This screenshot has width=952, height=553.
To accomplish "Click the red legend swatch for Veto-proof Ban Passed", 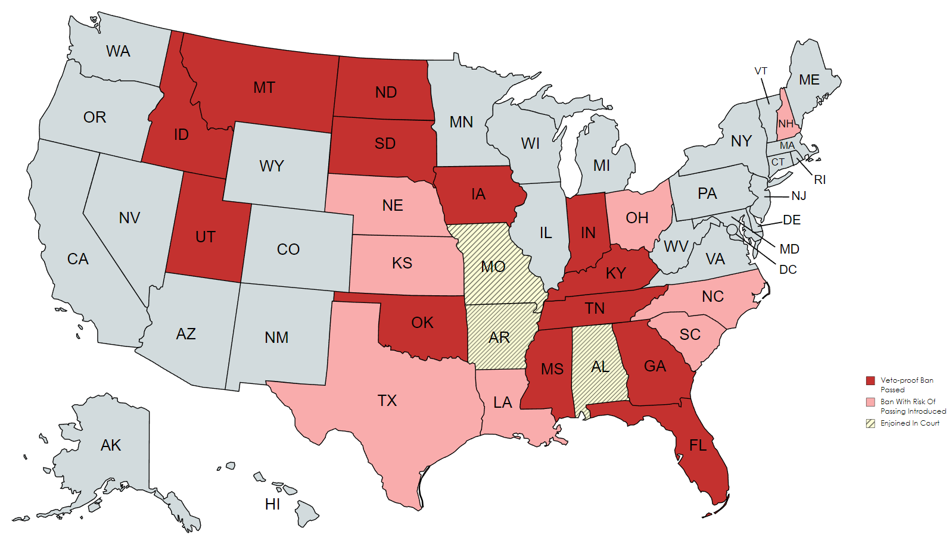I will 870,380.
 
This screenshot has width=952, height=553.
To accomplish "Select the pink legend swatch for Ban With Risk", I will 870,402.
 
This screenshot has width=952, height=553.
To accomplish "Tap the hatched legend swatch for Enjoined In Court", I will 870,423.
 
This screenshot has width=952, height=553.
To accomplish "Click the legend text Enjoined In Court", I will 910,423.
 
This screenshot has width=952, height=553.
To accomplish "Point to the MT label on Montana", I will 264,88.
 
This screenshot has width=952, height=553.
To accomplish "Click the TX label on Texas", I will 387,401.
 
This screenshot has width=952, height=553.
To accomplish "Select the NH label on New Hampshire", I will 786,124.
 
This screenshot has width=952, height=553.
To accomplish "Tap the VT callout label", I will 761,71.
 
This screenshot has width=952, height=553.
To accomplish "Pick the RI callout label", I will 820,180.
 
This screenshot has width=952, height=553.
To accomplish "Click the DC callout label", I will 788,270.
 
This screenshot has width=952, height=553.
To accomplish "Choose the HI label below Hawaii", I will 272,504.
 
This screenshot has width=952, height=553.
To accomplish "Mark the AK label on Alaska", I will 111,445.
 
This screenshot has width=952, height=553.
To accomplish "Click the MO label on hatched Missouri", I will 493,266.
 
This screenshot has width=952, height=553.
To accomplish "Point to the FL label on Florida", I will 698,445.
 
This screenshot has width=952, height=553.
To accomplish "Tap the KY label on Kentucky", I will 615,273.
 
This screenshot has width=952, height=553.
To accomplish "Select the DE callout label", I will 792,220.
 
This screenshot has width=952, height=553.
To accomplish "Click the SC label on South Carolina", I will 690,335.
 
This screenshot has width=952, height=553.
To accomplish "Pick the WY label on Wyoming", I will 272,166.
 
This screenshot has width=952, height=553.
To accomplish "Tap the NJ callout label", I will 798,196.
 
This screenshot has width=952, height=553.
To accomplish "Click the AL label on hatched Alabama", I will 600,367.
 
